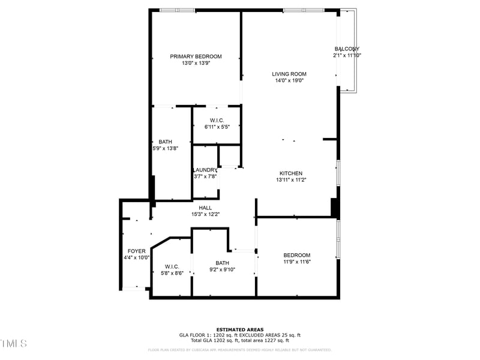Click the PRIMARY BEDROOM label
196,56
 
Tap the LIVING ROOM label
289,74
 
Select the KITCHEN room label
291,173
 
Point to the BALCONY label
347,49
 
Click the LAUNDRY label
205,170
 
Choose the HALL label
205,208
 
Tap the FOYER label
137,251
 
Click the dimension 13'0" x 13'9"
196,63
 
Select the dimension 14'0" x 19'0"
289,80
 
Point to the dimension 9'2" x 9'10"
222,269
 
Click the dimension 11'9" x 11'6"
297,261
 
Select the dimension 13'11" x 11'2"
291,180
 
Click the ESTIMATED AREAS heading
240,329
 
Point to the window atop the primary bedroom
177,10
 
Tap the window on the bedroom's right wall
338,239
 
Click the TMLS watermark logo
13,343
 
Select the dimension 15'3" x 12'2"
205,214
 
